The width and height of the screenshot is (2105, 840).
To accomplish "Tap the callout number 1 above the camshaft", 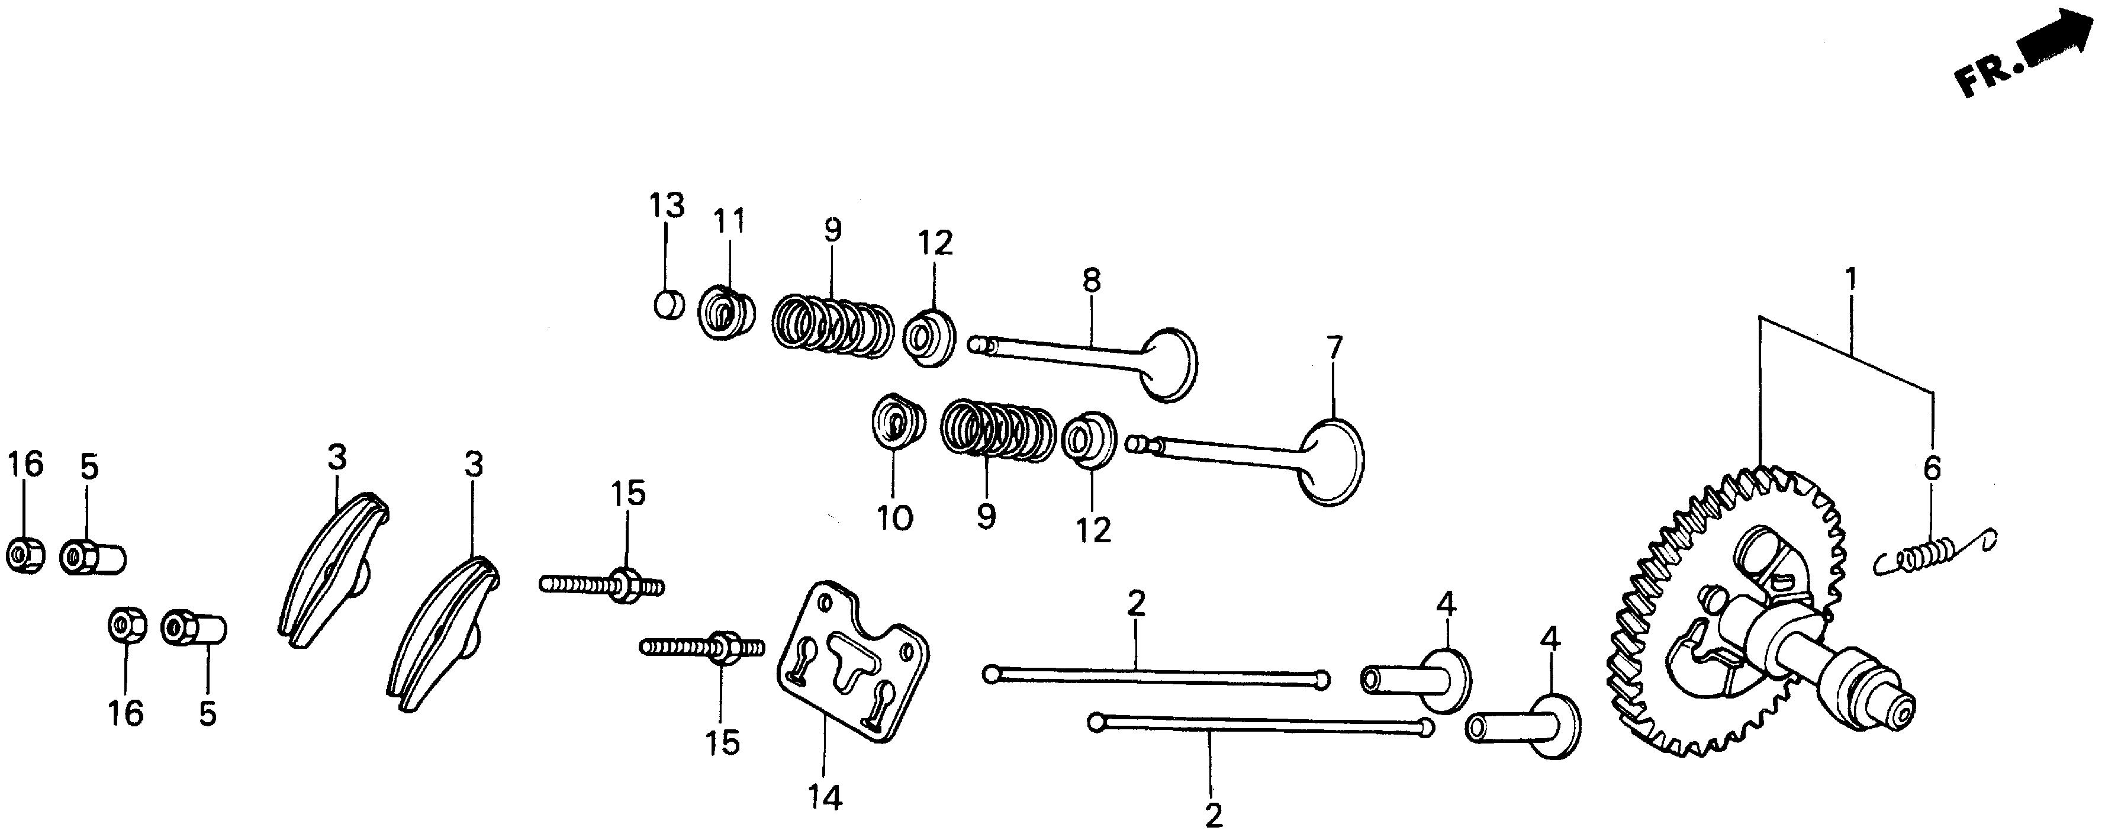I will pyautogui.click(x=1851, y=280).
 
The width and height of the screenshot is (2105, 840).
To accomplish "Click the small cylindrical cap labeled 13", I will pyautogui.click(x=668, y=307).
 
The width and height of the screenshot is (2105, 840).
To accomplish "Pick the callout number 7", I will pyautogui.click(x=1334, y=349).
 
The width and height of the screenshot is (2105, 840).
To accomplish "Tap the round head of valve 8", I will pyautogui.click(x=1169, y=365).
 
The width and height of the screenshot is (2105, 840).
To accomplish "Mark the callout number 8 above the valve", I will pyautogui.click(x=1092, y=280).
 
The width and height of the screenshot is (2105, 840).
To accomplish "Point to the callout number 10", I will pyautogui.click(x=895, y=517).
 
